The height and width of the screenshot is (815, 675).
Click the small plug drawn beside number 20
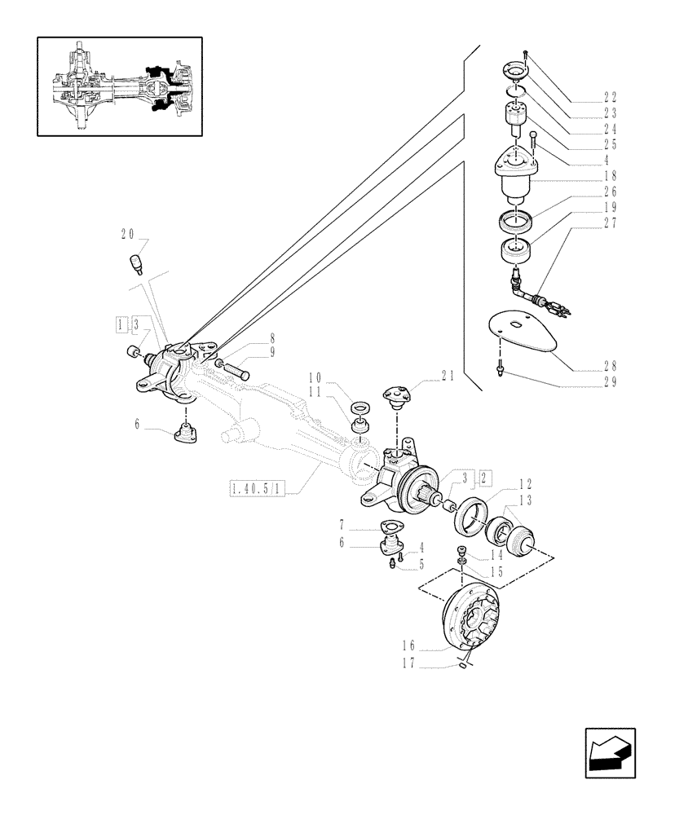click(136, 264)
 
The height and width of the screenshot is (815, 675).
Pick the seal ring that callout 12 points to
click(470, 518)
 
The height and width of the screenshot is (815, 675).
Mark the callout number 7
click(345, 526)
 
